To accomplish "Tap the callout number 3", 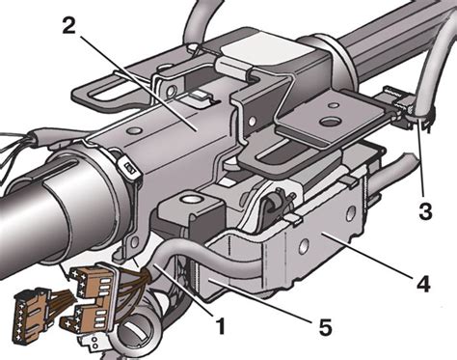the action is point(426,211).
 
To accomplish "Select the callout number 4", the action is point(423,283).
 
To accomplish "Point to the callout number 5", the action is point(324,327).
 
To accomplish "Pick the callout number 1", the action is point(221,324).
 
